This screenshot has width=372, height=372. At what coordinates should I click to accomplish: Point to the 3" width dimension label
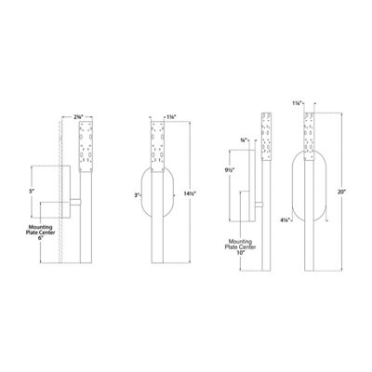(x=136, y=196)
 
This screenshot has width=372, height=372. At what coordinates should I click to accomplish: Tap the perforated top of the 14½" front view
(x=157, y=148)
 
